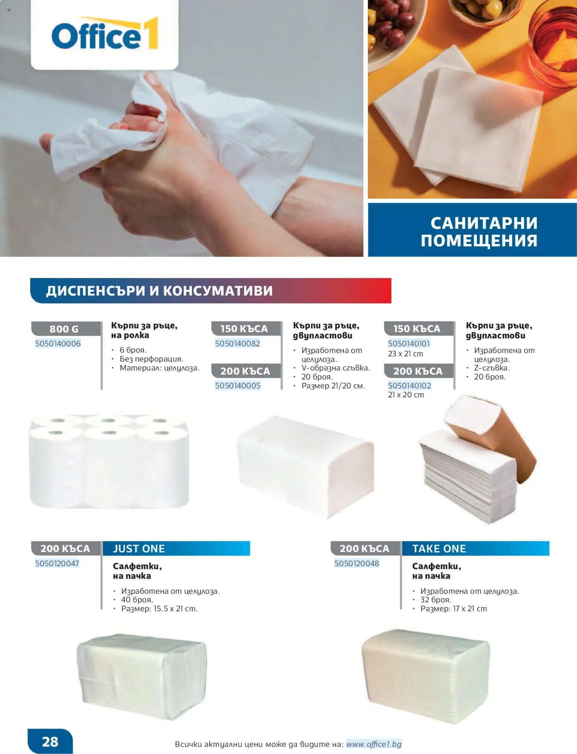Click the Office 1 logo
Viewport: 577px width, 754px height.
[105, 34]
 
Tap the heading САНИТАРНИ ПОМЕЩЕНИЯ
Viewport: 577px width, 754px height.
[479, 231]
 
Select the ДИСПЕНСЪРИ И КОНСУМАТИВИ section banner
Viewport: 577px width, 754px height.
[210, 291]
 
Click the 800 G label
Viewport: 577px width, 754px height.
[64, 329]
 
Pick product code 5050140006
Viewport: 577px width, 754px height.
[58, 344]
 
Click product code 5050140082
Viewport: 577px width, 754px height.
[238, 344]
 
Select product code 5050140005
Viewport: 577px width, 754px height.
[238, 386]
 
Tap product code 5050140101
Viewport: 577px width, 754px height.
[409, 344]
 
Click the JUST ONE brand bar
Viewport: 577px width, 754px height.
[176, 549]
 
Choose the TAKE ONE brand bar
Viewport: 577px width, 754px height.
[475, 549]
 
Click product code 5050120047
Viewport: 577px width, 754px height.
[57, 563]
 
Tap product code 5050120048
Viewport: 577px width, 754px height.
[357, 563]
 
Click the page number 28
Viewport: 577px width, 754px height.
[50, 741]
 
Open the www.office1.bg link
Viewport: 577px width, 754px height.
[374, 744]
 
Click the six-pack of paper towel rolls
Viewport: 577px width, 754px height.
[109, 461]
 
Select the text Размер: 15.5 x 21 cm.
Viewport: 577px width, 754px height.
[159, 609]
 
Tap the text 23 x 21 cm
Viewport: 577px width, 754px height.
[405, 354]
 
